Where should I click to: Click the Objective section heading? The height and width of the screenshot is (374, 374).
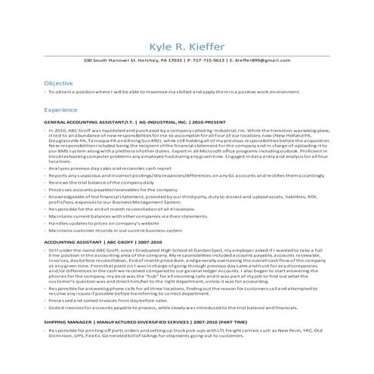pyautogui.click(x=58, y=82)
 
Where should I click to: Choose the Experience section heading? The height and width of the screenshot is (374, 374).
pyautogui.click(x=62, y=110)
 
